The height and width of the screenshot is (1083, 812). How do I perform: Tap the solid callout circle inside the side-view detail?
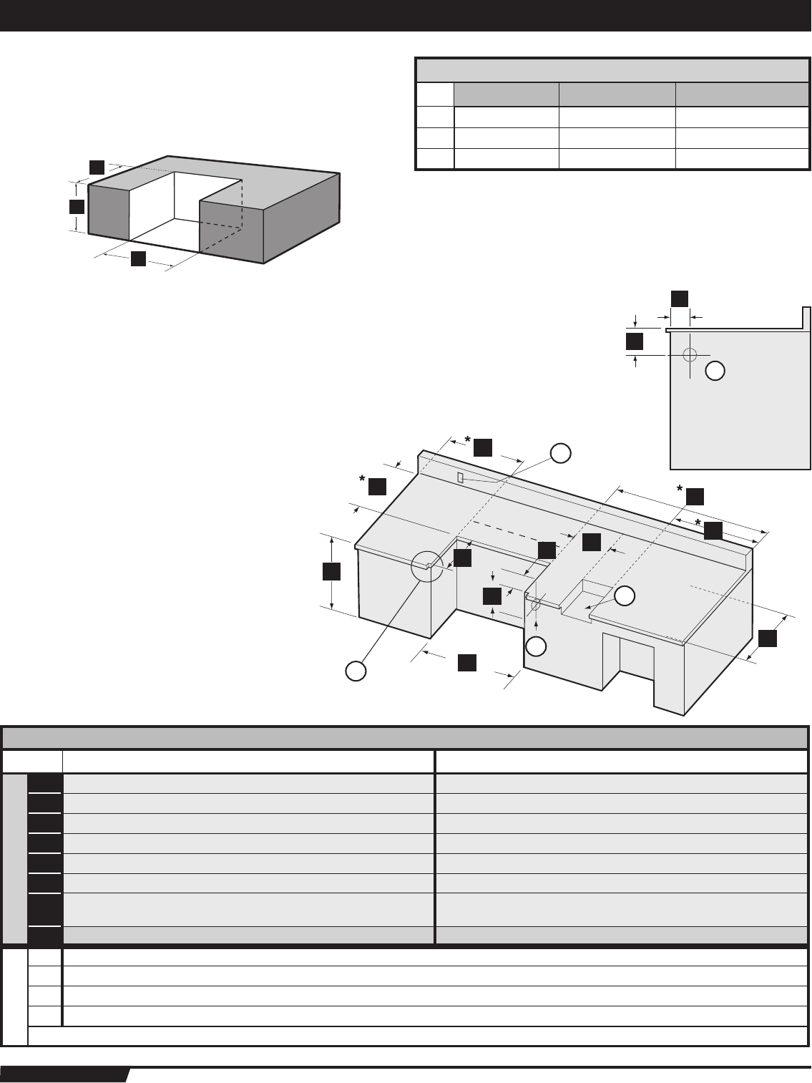point(715,370)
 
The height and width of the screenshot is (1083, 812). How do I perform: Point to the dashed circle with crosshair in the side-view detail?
point(689,354)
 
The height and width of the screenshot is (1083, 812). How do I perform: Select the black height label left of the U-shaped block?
point(77,207)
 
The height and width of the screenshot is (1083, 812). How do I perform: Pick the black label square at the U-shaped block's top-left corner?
point(97,166)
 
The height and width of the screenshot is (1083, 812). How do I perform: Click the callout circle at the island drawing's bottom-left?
point(356,670)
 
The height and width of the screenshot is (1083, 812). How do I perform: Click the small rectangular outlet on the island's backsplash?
point(461,477)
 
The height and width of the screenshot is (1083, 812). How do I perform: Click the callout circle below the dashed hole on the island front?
point(537,646)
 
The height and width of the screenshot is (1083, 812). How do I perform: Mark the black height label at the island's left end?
point(331,571)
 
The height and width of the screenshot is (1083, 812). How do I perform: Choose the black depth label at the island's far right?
point(768,638)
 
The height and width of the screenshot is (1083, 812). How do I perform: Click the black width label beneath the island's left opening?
point(467,662)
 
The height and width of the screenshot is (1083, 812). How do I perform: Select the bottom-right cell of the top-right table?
point(738,159)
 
